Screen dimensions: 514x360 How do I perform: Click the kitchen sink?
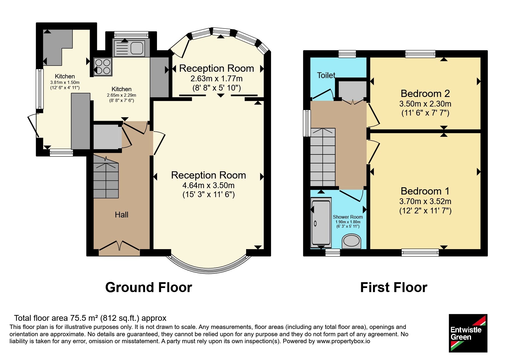pyautogui.click(x=129, y=48)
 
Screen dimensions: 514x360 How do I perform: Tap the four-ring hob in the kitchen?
pyautogui.click(x=103, y=67)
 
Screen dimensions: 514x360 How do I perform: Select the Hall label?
pyautogui.click(x=121, y=215)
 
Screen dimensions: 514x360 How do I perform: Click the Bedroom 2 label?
pyautogui.click(x=425, y=93)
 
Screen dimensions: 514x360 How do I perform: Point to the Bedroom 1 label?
pyautogui.click(x=425, y=191)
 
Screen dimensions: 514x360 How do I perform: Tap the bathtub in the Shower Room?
pyautogui.click(x=321, y=222)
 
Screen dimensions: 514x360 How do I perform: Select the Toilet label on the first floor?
pyautogui.click(x=326, y=75)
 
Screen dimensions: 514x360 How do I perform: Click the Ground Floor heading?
pyautogui.click(x=149, y=287)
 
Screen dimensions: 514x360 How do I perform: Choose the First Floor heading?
pyautogui.click(x=394, y=287)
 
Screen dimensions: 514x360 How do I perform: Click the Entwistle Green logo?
pyautogui.click(x=468, y=333)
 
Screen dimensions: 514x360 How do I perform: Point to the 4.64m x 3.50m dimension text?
pyautogui.click(x=208, y=185)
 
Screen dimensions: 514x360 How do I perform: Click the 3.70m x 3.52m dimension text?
pyautogui.click(x=425, y=201)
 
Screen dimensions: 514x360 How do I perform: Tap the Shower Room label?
pyautogui.click(x=348, y=217)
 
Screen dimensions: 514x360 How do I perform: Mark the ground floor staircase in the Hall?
pyautogui.click(x=106, y=177)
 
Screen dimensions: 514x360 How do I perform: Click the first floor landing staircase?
pyautogui.click(x=323, y=157)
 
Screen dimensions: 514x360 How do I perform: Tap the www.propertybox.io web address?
pyautogui.click(x=343, y=341)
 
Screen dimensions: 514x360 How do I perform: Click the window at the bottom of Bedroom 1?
pyautogui.click(x=420, y=253)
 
